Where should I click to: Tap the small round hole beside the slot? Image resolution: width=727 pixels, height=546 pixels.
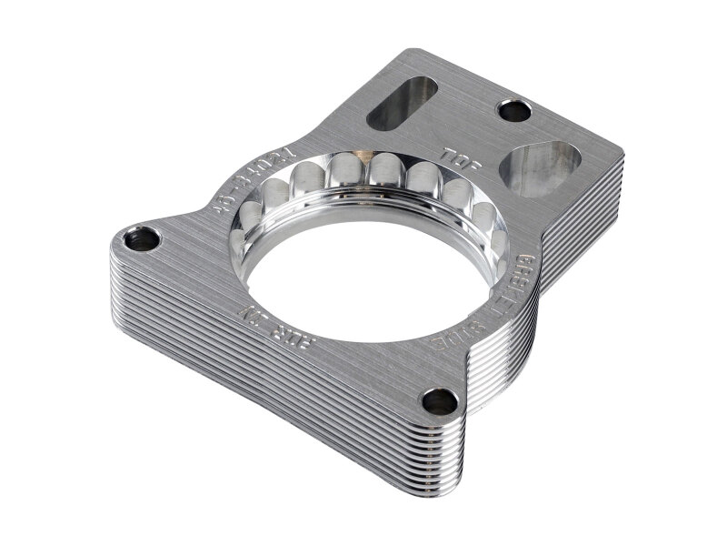pos(515,112)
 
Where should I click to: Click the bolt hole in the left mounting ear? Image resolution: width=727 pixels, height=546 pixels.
pos(143,240)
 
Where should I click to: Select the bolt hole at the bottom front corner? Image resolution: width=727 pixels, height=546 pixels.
pos(439,401)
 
